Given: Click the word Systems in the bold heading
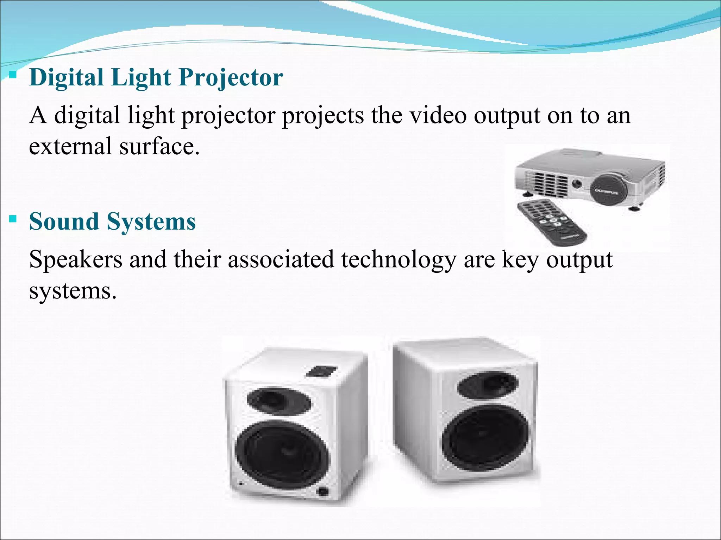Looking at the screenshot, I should pyautogui.click(x=151, y=222).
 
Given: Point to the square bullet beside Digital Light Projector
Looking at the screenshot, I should pyautogui.click(x=13, y=75).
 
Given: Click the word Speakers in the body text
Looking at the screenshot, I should pyautogui.click(x=76, y=260).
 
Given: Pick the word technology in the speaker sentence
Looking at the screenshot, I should pyautogui.click(x=398, y=260).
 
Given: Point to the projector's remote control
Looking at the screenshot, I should pyautogui.click(x=551, y=221).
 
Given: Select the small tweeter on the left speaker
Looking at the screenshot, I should pyautogui.click(x=278, y=400).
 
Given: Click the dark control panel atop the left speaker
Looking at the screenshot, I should pyautogui.click(x=321, y=372).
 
